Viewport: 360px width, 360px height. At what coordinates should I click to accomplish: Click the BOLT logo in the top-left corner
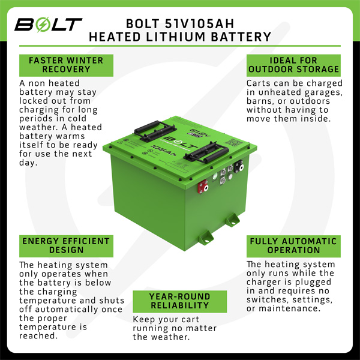(48, 24)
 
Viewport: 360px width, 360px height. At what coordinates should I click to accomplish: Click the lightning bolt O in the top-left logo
(43, 24)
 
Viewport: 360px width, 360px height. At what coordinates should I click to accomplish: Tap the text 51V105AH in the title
(200, 23)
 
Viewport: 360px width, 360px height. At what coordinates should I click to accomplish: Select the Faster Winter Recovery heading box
(66, 65)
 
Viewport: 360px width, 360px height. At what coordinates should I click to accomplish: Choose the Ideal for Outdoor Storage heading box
(293, 65)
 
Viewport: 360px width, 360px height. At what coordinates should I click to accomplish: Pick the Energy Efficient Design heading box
(66, 246)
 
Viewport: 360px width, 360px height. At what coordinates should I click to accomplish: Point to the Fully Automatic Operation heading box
(293, 246)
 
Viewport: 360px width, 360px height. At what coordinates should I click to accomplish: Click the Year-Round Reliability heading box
(180, 301)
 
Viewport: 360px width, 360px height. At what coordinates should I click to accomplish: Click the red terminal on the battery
(203, 187)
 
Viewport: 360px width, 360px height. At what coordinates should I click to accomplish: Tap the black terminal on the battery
(239, 166)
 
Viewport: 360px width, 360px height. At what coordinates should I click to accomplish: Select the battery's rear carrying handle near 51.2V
(155, 131)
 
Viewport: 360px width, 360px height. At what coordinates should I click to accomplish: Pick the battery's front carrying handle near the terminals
(206, 152)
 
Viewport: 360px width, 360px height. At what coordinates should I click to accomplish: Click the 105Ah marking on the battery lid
(164, 151)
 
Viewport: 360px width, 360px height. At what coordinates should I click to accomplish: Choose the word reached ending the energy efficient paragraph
(38, 335)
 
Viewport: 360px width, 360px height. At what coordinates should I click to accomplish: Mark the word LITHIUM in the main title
(176, 37)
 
